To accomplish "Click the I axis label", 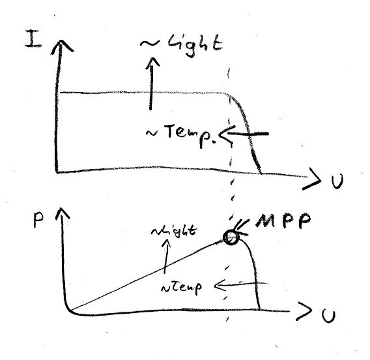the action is (34, 38).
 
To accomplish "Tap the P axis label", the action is (38, 220).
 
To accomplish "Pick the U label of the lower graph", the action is (328, 316).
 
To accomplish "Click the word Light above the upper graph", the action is (195, 45).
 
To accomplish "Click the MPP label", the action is (283, 220).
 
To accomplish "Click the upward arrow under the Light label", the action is (151, 83).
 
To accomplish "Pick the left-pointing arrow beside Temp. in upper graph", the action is (244, 134).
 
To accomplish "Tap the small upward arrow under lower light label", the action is (166, 256).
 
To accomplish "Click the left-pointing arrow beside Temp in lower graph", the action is (242, 285).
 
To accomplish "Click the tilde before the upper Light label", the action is (150, 43).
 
